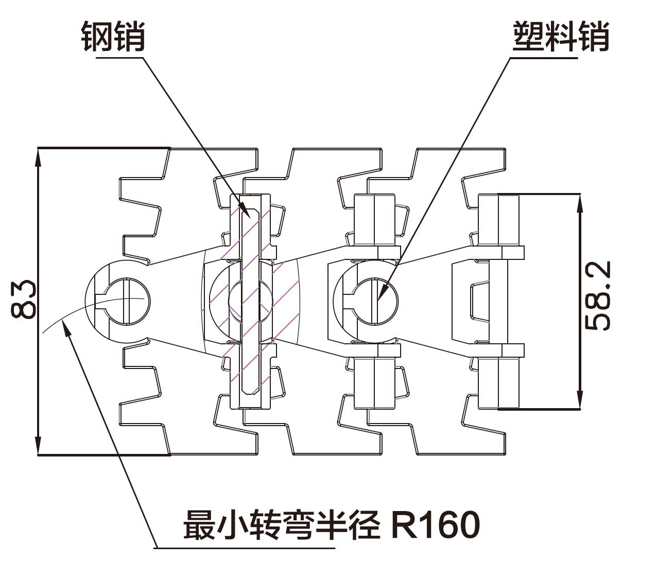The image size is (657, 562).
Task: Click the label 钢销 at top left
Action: [113, 37]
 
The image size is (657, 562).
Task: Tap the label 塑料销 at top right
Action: [561, 37]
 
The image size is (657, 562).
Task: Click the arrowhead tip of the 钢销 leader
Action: [252, 219]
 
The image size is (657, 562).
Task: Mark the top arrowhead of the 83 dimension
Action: [38, 149]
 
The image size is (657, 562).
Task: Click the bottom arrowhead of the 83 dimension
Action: [38, 454]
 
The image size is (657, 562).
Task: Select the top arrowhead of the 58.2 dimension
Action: [580, 195]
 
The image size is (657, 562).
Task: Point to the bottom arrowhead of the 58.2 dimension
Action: [580, 409]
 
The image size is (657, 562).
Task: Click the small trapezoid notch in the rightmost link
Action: [479, 301]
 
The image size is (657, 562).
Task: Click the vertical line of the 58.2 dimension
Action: [580, 302]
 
